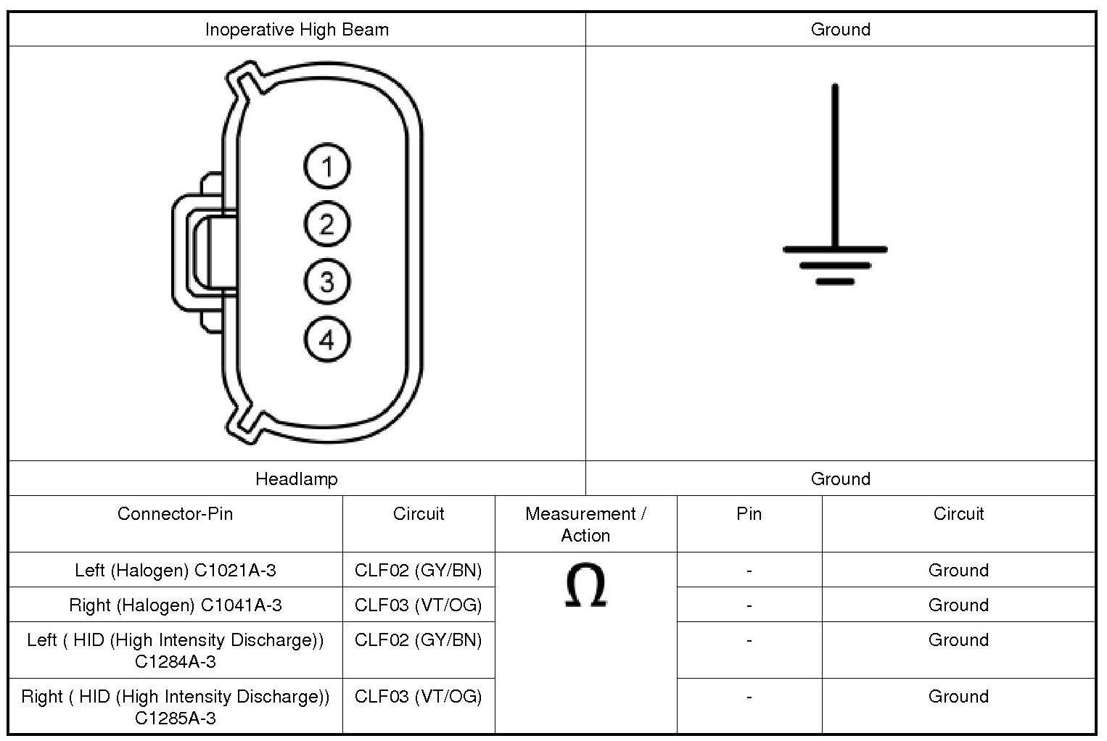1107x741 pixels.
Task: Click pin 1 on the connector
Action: (x=326, y=167)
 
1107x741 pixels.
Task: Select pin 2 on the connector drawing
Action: (x=326, y=224)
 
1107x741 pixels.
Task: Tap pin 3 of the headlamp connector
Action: (x=326, y=281)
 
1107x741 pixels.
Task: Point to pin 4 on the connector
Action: (x=326, y=339)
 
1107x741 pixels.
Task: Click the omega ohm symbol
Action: (x=585, y=586)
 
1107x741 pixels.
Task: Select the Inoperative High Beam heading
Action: (x=297, y=30)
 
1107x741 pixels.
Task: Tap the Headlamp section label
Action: (x=297, y=479)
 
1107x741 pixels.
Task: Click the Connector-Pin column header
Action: (x=175, y=514)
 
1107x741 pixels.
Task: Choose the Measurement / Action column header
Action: (x=585, y=524)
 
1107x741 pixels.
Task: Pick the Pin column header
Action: (x=749, y=514)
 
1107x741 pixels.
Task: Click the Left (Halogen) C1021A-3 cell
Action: (x=175, y=571)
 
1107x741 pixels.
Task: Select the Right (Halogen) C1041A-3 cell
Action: (x=175, y=605)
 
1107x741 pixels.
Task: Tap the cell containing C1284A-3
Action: (x=175, y=650)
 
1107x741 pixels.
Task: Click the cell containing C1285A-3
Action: (x=175, y=707)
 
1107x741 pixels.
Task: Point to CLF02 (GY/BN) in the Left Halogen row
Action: (x=418, y=571)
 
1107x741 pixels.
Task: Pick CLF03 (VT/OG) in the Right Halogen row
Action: (x=418, y=605)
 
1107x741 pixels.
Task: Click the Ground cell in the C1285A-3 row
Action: (x=958, y=697)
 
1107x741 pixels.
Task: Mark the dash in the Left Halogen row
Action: (x=749, y=571)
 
